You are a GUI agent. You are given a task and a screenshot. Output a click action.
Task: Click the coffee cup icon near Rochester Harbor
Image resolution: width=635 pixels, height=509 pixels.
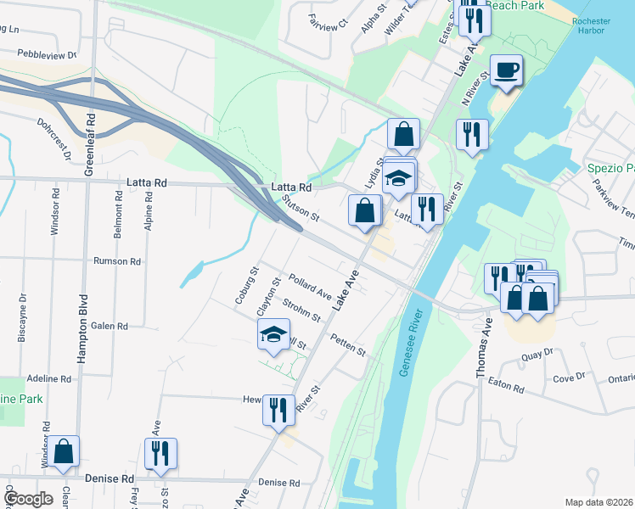(507, 70)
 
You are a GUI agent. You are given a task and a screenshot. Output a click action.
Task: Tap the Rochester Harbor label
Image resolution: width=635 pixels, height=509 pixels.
(588, 25)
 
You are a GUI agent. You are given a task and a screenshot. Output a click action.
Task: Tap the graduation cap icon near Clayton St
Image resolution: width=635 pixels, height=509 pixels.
(274, 335)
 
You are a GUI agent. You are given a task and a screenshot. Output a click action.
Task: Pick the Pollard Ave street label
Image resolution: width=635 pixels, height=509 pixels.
(309, 286)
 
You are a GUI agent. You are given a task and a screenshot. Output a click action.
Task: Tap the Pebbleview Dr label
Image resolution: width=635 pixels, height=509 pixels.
(46, 53)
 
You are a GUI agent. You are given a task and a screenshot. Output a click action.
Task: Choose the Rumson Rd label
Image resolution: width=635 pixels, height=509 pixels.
(117, 261)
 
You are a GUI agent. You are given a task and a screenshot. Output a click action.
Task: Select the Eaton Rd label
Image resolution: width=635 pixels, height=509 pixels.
(506, 385)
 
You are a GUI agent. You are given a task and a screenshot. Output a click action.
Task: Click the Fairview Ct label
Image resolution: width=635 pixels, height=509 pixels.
(329, 21)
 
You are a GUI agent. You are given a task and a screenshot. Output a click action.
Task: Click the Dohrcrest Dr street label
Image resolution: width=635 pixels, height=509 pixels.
(53, 135)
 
